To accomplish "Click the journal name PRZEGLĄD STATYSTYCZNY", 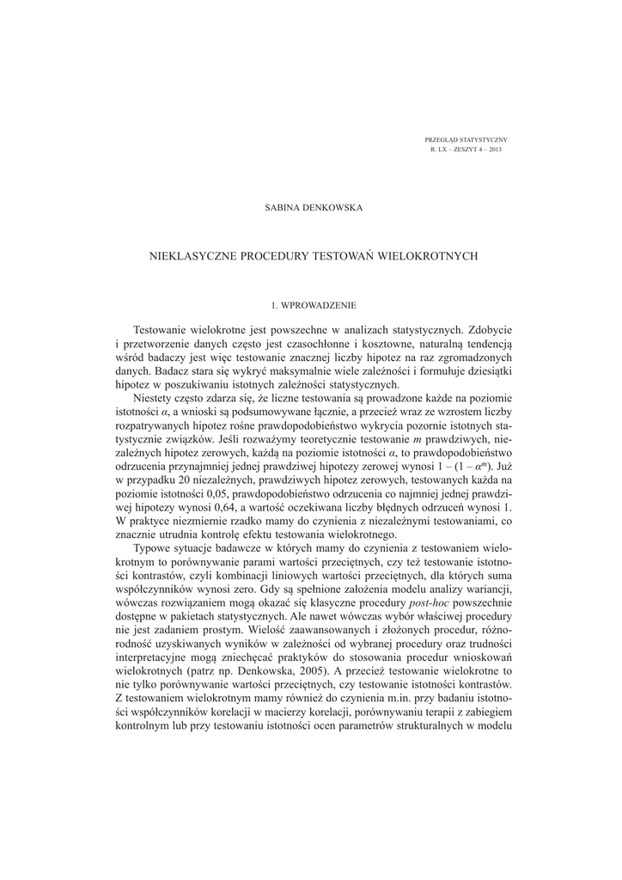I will point(466,139).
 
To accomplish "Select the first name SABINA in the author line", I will point(284,208).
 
